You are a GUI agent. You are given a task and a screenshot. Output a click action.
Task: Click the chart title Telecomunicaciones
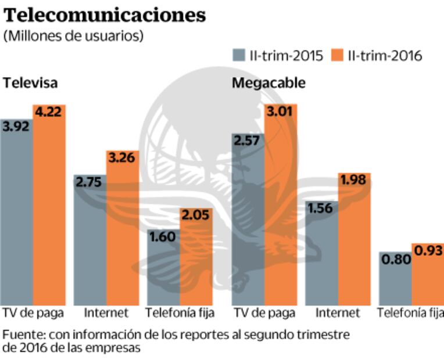point(105,15)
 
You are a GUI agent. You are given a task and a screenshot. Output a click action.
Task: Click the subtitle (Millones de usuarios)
point(73,36)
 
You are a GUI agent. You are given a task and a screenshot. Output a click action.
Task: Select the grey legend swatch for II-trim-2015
point(239,55)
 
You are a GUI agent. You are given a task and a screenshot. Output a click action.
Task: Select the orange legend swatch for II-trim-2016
point(337,55)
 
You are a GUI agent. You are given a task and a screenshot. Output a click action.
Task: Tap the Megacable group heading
point(268,83)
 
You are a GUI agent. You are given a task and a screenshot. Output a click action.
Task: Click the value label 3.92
point(16,126)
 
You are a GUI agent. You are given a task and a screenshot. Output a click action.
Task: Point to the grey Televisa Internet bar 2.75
point(89,244)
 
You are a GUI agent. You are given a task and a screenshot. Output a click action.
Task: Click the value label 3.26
point(122,157)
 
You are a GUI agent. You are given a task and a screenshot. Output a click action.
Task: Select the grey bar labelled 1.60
point(163,267)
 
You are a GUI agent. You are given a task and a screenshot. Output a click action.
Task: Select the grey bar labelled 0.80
point(395,282)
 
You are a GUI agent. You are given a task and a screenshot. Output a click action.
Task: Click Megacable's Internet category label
point(338,313)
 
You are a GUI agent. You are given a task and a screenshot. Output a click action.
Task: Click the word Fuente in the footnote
point(22,336)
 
